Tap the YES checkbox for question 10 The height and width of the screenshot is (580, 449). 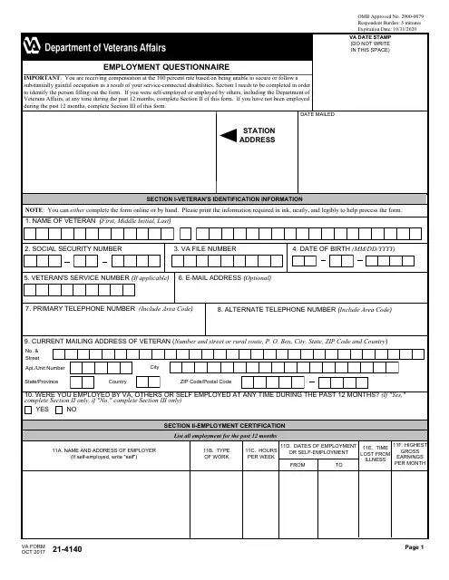28,410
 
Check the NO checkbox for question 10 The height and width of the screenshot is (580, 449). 60,410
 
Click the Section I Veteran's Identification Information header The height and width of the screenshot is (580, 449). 225,197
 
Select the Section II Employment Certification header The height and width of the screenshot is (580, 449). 225,425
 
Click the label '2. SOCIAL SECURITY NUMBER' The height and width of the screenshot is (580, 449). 73,247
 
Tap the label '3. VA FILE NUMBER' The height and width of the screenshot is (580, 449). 210,247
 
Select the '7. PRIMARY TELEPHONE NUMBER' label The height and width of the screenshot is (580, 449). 109,309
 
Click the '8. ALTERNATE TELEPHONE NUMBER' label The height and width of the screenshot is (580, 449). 304,309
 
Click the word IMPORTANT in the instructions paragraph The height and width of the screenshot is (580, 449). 42,77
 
